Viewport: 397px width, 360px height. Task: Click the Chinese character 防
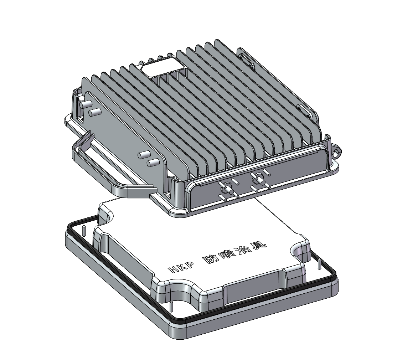[x=211, y=259]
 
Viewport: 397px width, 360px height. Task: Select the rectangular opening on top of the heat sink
[x=162, y=67]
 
